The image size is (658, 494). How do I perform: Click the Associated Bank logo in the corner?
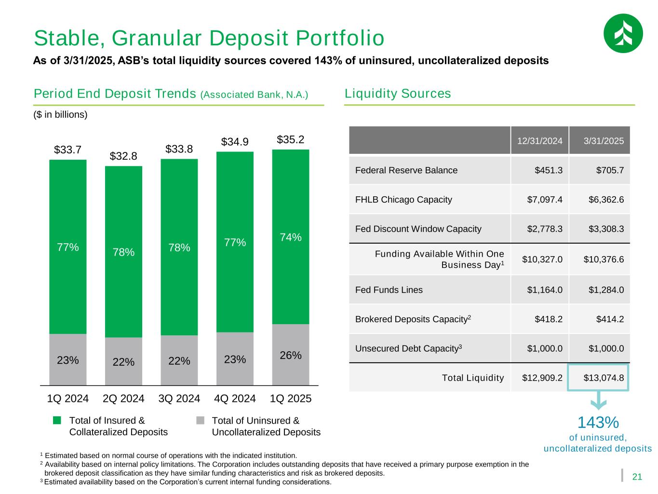(x=623, y=33)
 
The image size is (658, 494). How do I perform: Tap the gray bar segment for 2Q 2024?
(x=123, y=361)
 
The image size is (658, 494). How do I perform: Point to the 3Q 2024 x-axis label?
(x=179, y=399)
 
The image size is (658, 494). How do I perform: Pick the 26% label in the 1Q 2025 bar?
(x=291, y=356)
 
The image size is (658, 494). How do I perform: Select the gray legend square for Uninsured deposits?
(x=201, y=421)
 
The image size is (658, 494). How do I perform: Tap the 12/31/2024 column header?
(x=540, y=141)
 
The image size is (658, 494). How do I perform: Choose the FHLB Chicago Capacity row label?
(x=403, y=199)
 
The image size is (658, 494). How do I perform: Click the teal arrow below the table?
(x=598, y=400)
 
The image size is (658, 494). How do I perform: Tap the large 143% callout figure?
(x=598, y=423)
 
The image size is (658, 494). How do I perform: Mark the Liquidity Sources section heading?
(x=398, y=94)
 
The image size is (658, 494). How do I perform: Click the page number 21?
(x=637, y=477)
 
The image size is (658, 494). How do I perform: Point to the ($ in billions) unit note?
(x=60, y=115)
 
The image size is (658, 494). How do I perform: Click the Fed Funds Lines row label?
(x=389, y=290)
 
